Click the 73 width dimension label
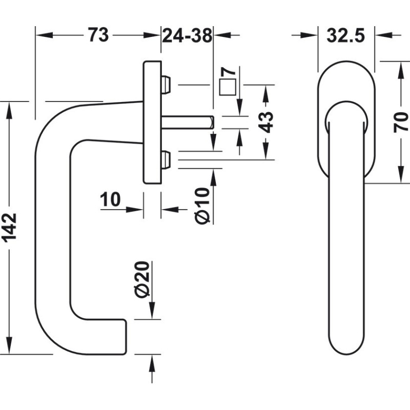pos(98,35)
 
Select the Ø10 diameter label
pos(202,205)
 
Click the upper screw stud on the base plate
pos(166,85)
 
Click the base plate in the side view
pos(152,123)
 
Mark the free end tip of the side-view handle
pos(125,336)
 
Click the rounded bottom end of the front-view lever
pos(346,348)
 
